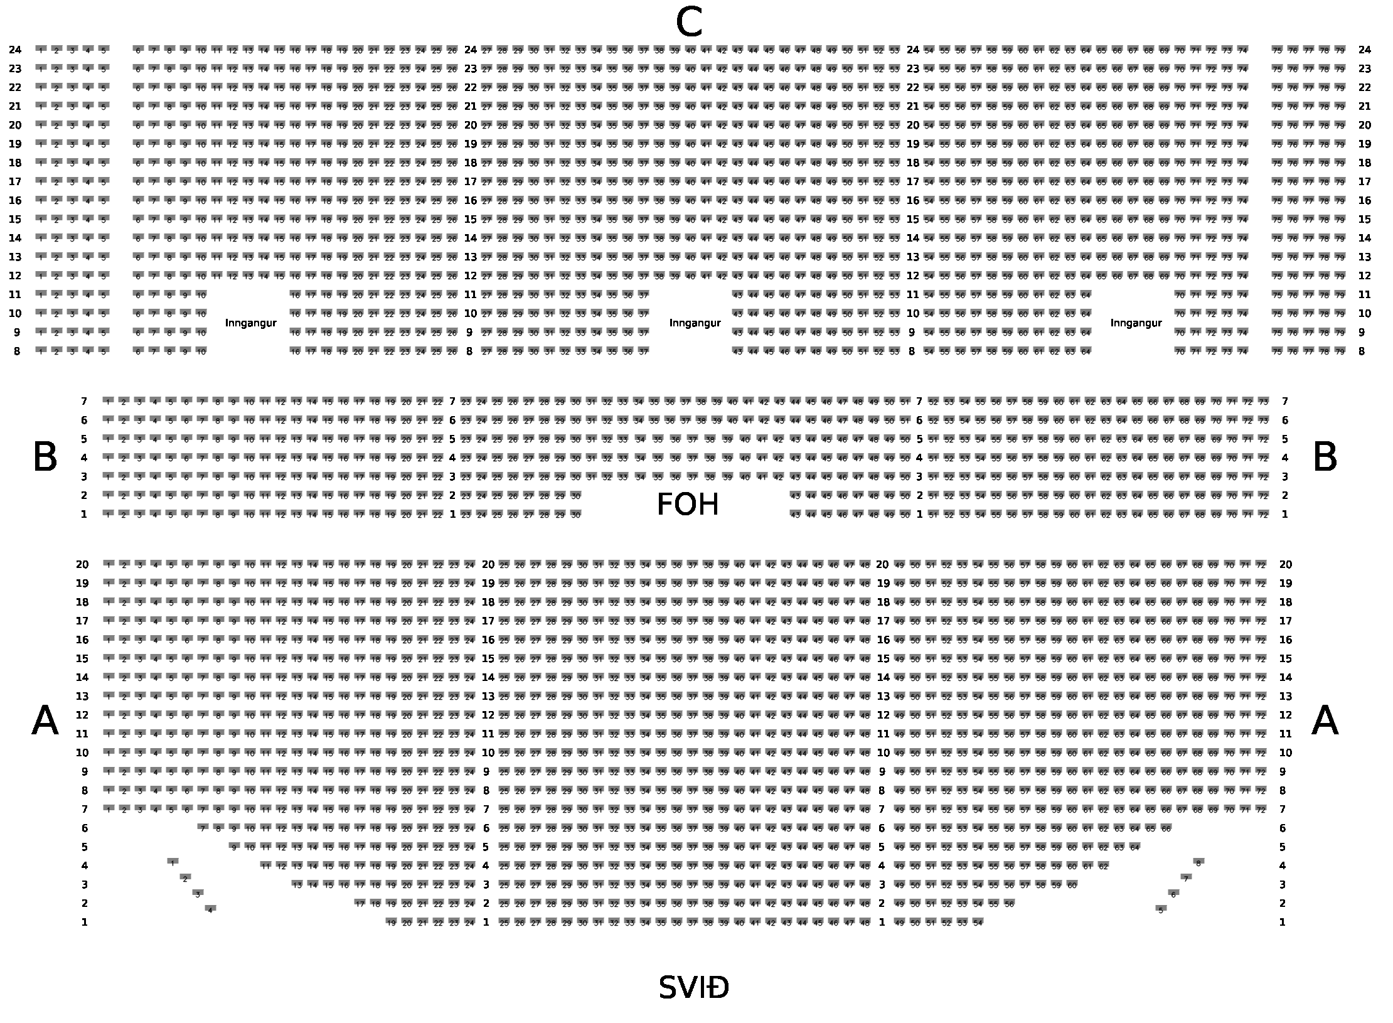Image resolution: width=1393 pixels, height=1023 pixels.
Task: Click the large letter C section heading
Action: [688, 24]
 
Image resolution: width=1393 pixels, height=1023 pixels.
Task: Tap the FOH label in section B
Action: [687, 505]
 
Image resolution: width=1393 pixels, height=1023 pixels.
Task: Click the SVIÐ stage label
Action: [693, 988]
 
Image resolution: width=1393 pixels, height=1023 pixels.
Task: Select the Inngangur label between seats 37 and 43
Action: [695, 323]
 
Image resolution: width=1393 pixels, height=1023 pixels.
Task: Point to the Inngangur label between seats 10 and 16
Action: [250, 323]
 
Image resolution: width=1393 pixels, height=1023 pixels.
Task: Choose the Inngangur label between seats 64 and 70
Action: [1136, 323]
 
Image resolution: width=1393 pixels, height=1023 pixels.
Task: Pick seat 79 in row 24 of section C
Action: [1340, 50]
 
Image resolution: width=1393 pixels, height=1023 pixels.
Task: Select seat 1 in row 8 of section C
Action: [41, 351]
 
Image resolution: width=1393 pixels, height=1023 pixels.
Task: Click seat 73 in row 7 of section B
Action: [1263, 401]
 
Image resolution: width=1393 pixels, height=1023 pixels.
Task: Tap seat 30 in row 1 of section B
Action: [575, 514]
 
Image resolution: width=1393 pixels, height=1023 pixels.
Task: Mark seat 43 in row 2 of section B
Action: [795, 495]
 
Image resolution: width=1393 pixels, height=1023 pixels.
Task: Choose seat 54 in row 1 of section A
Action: [978, 922]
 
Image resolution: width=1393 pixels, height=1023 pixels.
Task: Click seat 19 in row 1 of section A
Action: [391, 922]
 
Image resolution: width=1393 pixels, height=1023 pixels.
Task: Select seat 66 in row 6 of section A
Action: [1166, 828]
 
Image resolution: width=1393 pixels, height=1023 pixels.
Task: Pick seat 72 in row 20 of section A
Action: [1261, 564]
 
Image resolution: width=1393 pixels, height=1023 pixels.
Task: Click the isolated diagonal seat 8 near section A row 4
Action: [1198, 863]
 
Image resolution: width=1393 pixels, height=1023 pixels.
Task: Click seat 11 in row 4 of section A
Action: [265, 865]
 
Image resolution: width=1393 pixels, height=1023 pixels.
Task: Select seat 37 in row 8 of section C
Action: [643, 351]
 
